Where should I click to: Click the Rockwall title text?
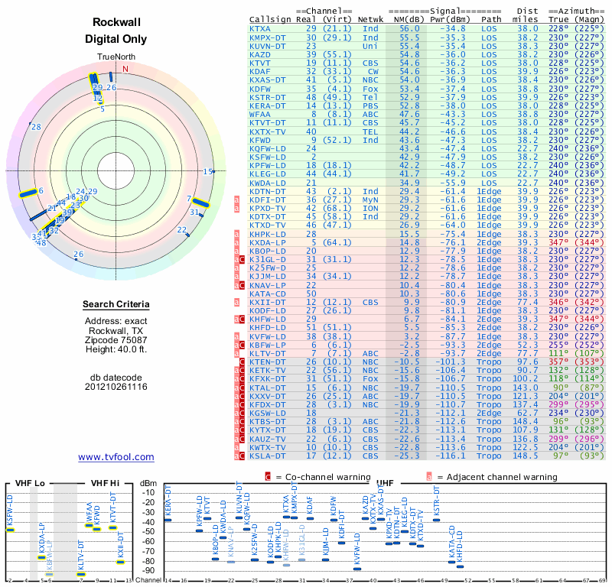pos(116,23)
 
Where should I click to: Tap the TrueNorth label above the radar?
pos(116,57)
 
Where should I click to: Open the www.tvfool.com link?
pos(116,457)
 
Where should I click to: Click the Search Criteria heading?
pos(116,305)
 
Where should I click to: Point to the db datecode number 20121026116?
pos(116,387)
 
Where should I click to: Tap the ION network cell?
pos(370,207)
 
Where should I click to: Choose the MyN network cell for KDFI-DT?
pos(370,199)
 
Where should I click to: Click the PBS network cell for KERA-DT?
pos(370,105)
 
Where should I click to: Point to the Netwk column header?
pos(370,19)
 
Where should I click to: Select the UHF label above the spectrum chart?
pos(386,484)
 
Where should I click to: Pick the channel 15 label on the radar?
pos(207,172)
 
